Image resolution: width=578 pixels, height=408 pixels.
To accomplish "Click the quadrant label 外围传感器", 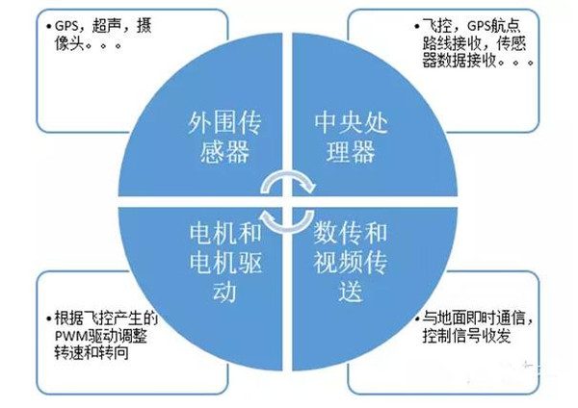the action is tap(224, 137).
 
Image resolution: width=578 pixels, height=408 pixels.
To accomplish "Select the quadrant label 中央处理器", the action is tap(351, 137).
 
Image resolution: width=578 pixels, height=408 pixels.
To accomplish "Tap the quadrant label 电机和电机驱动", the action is tap(225, 263).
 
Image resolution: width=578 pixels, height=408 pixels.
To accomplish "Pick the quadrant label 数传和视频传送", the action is tap(351, 263).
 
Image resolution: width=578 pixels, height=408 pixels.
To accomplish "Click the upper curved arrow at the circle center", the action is tap(288, 182).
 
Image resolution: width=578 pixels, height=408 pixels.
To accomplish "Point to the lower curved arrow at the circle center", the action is tap(288, 221).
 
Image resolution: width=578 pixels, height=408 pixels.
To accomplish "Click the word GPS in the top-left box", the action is tap(66, 26).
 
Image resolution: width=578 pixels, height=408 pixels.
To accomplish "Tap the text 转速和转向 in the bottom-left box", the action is tap(92, 353).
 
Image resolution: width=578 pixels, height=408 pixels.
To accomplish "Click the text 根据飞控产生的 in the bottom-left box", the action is tap(106, 319).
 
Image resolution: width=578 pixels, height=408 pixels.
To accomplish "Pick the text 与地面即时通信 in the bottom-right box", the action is tap(474, 319).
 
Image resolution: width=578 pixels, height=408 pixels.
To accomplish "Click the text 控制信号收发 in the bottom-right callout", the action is tap(467, 336).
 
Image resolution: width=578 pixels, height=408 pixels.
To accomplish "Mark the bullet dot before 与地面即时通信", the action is tap(417, 319).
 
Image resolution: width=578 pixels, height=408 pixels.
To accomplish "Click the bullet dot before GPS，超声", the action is tap(49, 26).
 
